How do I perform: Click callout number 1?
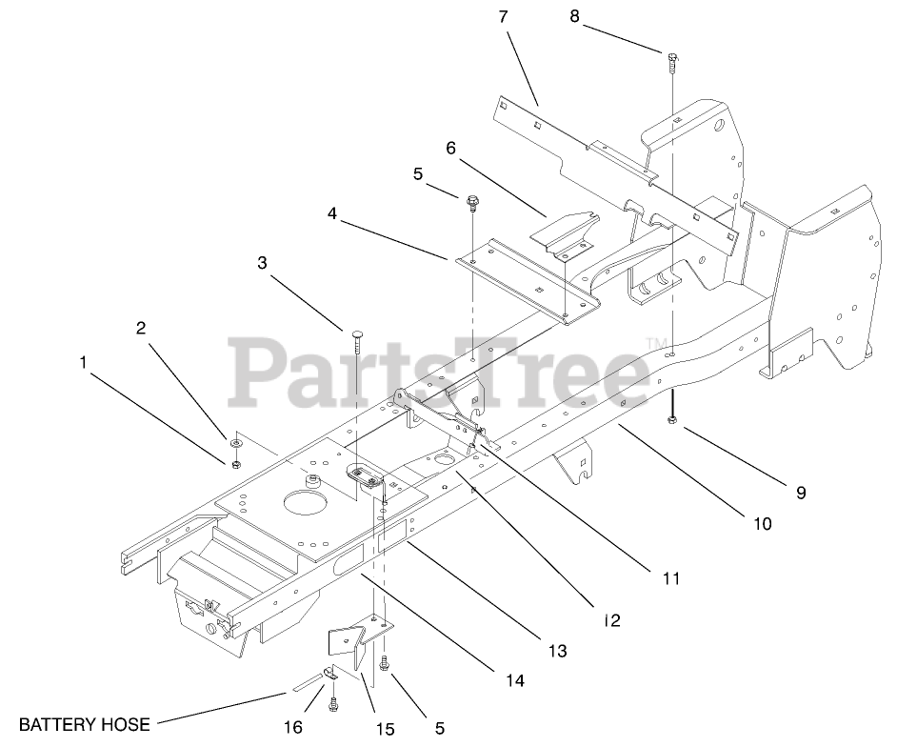point(84,362)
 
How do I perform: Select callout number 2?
point(141,328)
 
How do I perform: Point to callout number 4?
point(331,213)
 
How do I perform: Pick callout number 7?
point(503,16)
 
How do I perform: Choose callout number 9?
point(801,493)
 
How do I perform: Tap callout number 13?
point(557,652)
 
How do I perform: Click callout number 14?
point(515,680)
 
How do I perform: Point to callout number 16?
point(293,727)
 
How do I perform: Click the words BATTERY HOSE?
point(85,724)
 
